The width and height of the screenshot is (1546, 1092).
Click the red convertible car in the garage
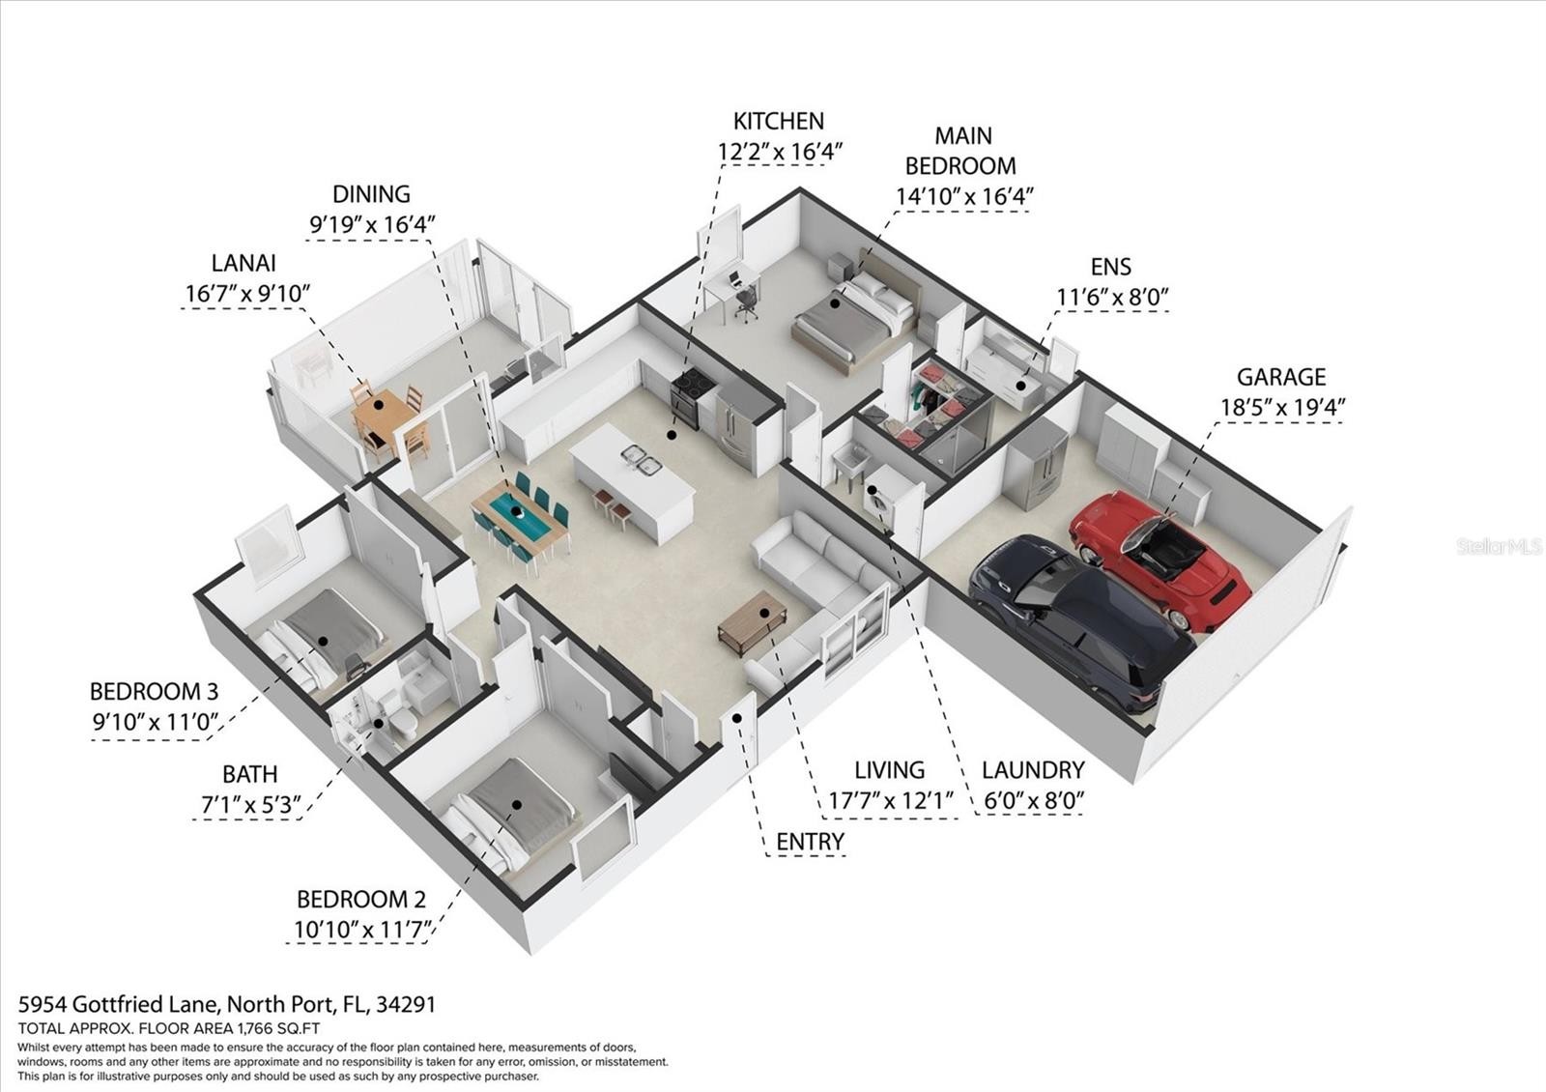point(1159,560)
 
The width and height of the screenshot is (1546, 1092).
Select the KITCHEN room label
point(779,122)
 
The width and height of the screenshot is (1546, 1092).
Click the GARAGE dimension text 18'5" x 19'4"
point(1282,407)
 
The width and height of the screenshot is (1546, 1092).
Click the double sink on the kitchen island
point(642,460)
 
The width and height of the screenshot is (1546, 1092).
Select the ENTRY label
point(810,842)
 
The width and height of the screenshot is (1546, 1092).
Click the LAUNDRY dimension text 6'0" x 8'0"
point(1034,801)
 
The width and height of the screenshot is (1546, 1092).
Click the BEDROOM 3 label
point(154,691)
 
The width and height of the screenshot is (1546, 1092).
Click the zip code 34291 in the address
point(406,1004)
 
